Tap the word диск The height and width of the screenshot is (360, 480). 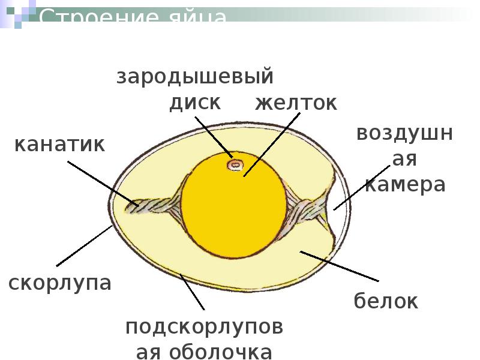click(195, 102)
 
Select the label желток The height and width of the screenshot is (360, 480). click(296, 103)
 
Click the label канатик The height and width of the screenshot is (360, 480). click(59, 144)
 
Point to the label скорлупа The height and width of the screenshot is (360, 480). click(61, 283)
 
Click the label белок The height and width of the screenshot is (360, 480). click(386, 301)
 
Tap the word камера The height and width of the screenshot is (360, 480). click(405, 185)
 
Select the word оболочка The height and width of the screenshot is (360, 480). click(204, 352)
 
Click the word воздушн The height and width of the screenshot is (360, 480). click(405, 133)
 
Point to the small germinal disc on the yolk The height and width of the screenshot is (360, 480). click(233, 164)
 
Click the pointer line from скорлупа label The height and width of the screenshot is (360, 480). click(84, 246)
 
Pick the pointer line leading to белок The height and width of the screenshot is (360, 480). click(339, 266)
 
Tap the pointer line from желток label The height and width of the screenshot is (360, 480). click(270, 144)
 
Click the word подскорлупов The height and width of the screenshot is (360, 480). click(204, 328)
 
